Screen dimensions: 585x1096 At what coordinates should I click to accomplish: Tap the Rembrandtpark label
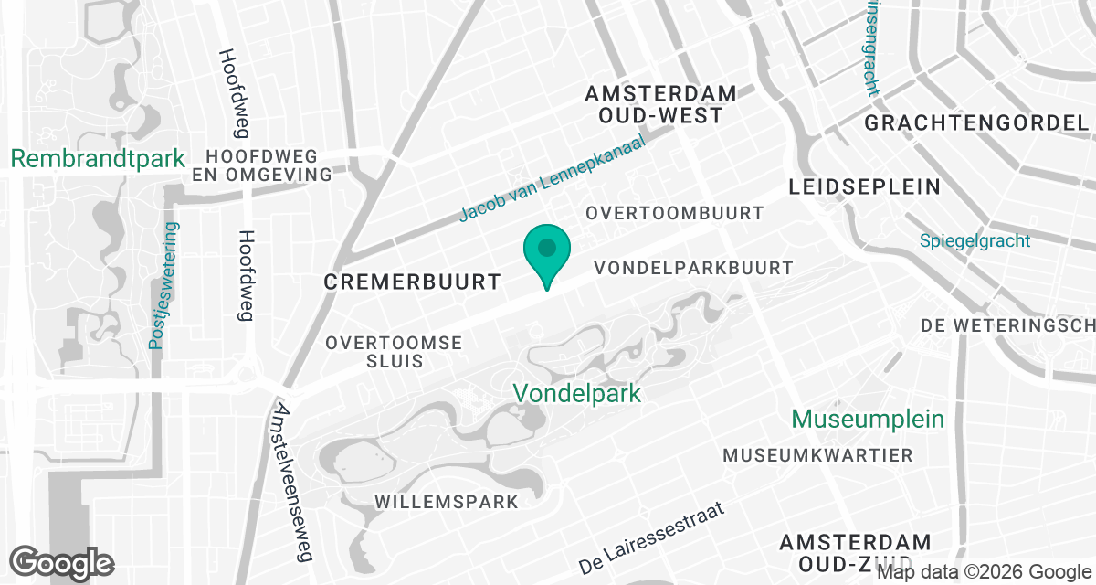tap(98, 158)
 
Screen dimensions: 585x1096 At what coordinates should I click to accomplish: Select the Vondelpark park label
tap(576, 393)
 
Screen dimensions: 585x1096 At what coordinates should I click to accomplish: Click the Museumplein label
tap(868, 419)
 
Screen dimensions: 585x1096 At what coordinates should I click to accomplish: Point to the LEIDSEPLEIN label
tap(863, 187)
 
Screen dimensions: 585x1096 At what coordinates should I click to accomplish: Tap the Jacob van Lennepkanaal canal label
tap(552, 177)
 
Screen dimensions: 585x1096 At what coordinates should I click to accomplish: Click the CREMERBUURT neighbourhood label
tap(413, 282)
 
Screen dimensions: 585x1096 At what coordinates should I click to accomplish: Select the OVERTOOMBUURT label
tap(675, 213)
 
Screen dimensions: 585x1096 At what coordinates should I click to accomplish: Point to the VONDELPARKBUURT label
tap(693, 268)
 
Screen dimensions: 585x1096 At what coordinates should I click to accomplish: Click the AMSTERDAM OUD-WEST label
tap(661, 104)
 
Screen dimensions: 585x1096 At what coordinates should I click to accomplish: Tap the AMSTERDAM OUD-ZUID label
tap(856, 553)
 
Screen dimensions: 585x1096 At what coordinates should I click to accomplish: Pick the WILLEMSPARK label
tap(447, 502)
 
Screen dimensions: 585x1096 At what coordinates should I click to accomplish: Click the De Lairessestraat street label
tap(650, 538)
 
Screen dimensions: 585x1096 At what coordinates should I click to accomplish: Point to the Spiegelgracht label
tap(975, 241)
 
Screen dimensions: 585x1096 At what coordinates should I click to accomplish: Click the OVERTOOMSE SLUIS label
tap(395, 351)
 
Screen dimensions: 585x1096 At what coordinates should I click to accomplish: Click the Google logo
tap(63, 562)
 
